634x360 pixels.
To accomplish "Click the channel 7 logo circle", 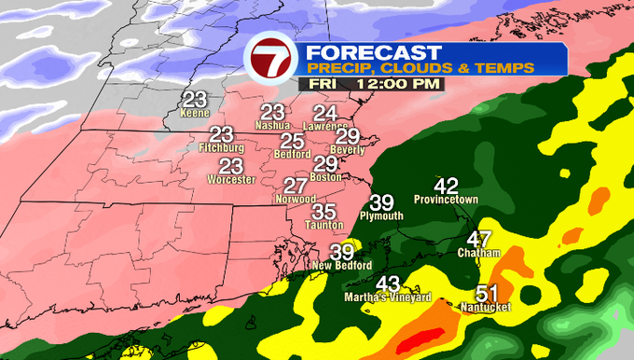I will pyautogui.click(x=270, y=62).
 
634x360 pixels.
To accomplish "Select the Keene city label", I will pyautogui.click(x=194, y=113).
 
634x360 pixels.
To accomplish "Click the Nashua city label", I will pyautogui.click(x=273, y=125).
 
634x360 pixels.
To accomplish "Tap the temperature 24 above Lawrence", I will pyautogui.click(x=325, y=113).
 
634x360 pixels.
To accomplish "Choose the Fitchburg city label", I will pyautogui.click(x=221, y=147).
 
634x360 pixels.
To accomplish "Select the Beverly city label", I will pyautogui.click(x=347, y=149).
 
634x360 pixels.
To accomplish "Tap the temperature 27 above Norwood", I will pyautogui.click(x=296, y=186).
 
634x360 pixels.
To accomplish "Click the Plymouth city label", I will pyautogui.click(x=382, y=216).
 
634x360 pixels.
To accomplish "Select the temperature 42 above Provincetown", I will pyautogui.click(x=447, y=186).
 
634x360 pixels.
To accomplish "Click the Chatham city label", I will pyautogui.click(x=479, y=253).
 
